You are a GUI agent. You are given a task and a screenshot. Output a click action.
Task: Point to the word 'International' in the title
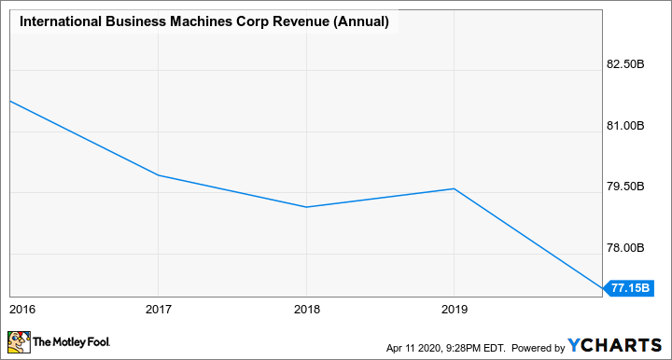point(58,21)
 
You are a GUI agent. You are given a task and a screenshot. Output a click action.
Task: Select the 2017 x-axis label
point(158,308)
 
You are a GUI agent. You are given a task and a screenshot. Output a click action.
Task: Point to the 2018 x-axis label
point(306,308)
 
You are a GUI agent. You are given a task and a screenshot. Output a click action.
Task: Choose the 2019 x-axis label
point(454,308)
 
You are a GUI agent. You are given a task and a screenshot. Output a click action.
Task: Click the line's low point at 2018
point(306,207)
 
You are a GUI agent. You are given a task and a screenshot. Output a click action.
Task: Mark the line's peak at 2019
point(454,188)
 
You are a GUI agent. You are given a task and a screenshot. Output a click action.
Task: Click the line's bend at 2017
point(158,175)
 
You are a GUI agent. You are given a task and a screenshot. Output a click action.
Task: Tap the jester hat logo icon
point(20,343)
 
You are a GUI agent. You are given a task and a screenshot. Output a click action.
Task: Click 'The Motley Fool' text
point(70,344)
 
